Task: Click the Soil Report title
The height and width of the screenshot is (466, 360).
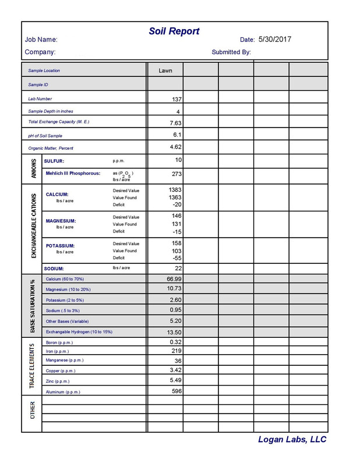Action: click(175, 31)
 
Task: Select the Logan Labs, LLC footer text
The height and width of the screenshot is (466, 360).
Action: click(292, 440)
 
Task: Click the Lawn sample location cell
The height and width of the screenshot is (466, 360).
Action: click(165, 70)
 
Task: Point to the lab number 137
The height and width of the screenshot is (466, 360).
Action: click(177, 99)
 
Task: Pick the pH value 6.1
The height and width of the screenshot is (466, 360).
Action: click(177, 135)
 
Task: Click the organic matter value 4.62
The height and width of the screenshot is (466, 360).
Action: click(176, 147)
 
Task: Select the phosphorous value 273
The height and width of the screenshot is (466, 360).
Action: click(177, 174)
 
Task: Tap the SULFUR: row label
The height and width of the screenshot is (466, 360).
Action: click(55, 161)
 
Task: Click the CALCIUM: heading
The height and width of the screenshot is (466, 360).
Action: click(57, 195)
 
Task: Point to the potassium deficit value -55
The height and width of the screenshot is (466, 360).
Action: click(177, 257)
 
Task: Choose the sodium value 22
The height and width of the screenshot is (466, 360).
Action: click(178, 268)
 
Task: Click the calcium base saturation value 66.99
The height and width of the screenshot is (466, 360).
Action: click(175, 279)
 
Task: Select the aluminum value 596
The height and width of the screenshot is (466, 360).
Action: click(177, 391)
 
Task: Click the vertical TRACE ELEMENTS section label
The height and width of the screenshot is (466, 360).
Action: click(33, 366)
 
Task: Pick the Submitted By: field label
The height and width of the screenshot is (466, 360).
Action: click(231, 52)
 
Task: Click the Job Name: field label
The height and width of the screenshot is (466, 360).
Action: click(41, 40)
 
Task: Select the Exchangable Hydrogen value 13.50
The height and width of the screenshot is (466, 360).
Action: click(175, 331)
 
